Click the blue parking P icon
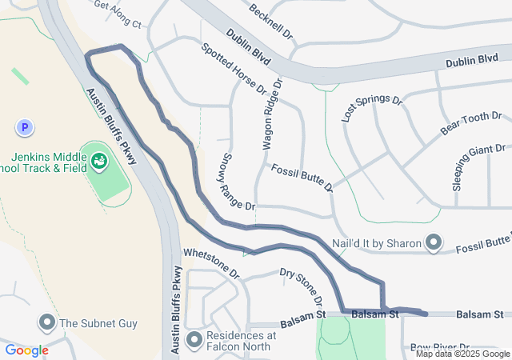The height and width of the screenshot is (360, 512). tap(25, 126)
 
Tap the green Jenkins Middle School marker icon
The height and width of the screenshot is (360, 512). tap(99, 161)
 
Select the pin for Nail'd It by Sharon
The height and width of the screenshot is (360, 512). tap(434, 241)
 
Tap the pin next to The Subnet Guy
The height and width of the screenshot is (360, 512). tap(46, 323)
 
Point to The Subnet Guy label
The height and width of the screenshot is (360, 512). tap(98, 324)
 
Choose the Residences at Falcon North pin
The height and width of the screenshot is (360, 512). tap(194, 340)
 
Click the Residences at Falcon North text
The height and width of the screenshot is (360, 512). tap(241, 341)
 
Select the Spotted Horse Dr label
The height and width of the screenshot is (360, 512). tap(233, 70)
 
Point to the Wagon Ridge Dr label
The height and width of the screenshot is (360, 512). tap(273, 115)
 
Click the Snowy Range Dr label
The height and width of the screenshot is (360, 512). tap(237, 182)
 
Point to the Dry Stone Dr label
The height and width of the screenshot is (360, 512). tap(302, 286)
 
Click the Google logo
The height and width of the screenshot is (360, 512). tap(26, 350)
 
